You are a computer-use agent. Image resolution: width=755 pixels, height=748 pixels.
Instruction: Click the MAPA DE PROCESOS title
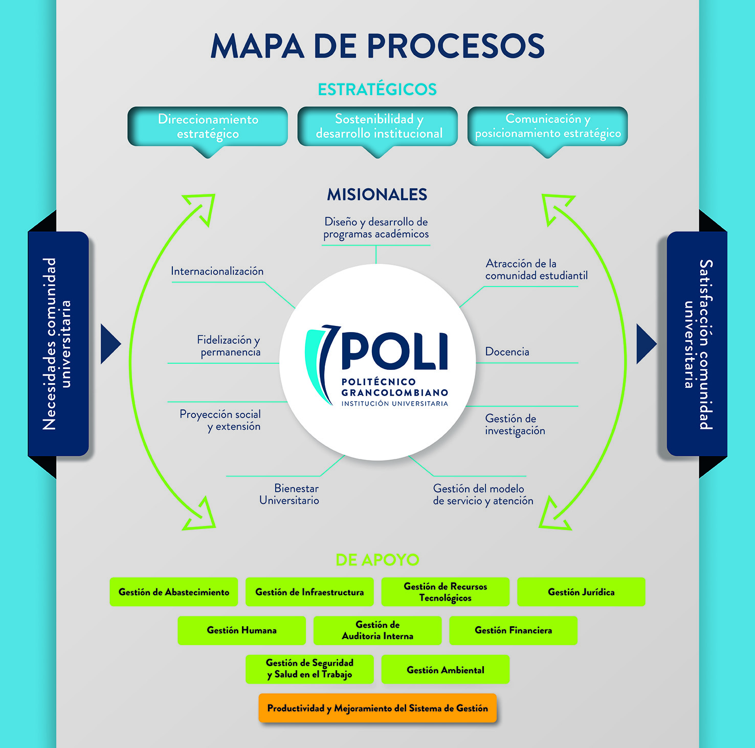pyautogui.click(x=377, y=46)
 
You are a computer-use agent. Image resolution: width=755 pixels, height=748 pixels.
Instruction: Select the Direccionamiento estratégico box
pyautogui.click(x=208, y=126)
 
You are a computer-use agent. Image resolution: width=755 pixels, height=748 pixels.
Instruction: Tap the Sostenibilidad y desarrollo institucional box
pyautogui.click(x=377, y=126)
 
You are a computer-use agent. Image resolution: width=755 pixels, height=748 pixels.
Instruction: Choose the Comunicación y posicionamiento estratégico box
pyautogui.click(x=547, y=126)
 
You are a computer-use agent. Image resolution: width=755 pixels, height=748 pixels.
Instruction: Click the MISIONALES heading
pyautogui.click(x=377, y=194)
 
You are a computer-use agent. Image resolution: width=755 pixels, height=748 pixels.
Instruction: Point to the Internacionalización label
pyautogui.click(x=217, y=271)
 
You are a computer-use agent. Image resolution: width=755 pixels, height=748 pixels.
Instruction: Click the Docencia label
pyautogui.click(x=507, y=351)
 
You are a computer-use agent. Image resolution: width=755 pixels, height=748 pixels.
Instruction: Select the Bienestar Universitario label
pyautogui.click(x=290, y=494)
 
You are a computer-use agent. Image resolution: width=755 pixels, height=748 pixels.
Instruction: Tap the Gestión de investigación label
pyautogui.click(x=515, y=425)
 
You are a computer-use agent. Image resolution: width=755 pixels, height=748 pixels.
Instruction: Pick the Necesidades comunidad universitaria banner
pyautogui.click(x=58, y=344)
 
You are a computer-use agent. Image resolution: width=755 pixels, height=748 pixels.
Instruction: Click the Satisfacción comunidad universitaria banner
pyautogui.click(x=697, y=344)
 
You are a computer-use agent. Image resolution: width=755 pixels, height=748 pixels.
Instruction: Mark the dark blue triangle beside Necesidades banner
pyautogui.click(x=110, y=344)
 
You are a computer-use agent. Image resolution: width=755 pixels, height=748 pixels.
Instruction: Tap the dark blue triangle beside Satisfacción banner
pyautogui.click(x=646, y=344)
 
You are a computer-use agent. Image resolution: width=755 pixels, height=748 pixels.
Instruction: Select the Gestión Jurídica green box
pyautogui.click(x=581, y=592)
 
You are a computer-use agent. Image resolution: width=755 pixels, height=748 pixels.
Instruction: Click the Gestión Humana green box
pyautogui.click(x=241, y=630)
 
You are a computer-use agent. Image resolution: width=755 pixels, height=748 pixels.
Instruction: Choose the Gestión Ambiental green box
pyautogui.click(x=445, y=670)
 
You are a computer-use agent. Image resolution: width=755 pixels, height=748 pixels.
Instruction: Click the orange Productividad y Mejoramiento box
pyautogui.click(x=377, y=708)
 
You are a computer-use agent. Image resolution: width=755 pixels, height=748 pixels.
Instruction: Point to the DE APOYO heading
pyautogui.click(x=377, y=560)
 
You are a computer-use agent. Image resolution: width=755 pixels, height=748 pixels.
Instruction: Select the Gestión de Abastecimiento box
pyautogui.click(x=174, y=592)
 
